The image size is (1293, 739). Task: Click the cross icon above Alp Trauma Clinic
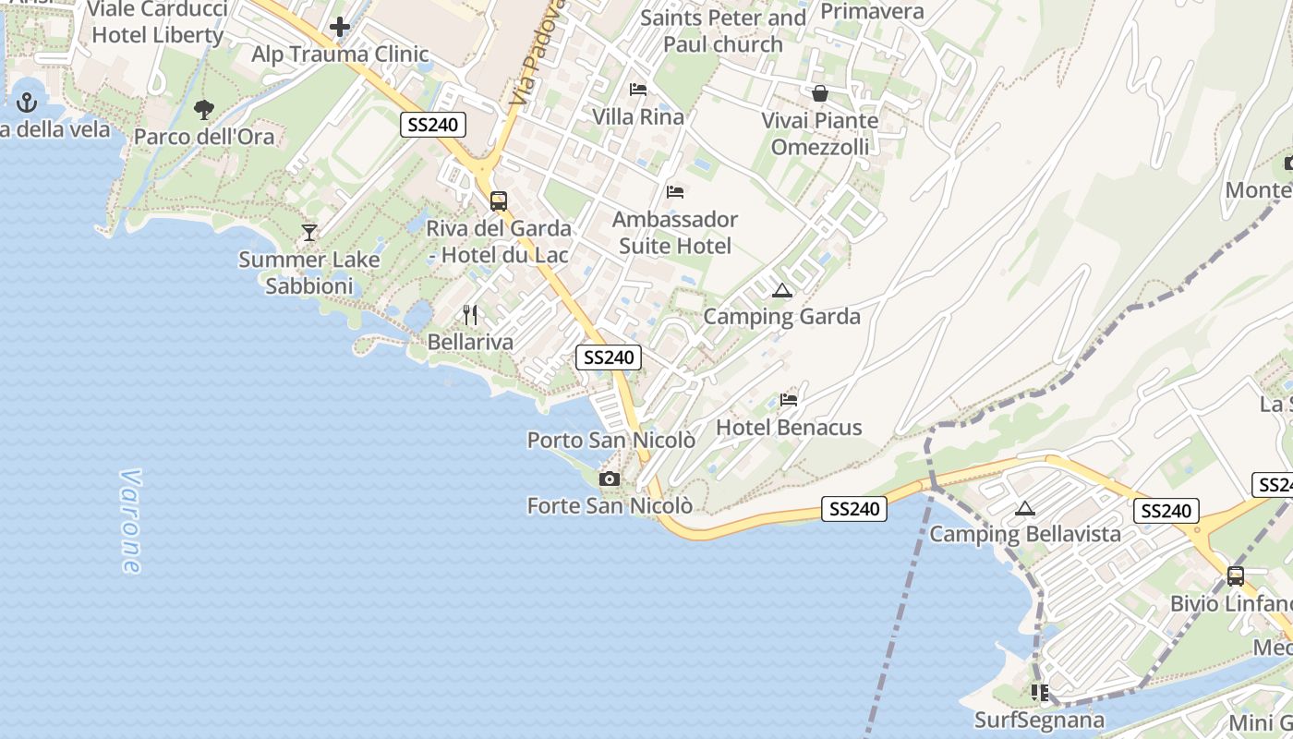point(340,27)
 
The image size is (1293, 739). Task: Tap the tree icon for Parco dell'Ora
point(204,110)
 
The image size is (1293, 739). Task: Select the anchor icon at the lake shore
point(27,103)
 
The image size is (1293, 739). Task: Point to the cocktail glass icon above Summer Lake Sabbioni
point(309,233)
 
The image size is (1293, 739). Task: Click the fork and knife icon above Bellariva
point(470,315)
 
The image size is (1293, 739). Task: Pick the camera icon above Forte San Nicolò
point(610,479)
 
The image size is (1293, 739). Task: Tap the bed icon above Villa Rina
point(638,90)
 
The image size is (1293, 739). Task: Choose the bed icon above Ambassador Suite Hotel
point(675,192)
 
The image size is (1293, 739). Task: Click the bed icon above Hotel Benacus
point(789,400)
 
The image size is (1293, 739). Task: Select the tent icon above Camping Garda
point(782,290)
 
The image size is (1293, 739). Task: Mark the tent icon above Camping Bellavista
point(1024,507)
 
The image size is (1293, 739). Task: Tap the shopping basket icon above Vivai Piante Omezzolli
point(820,93)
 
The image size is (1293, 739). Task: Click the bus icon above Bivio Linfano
point(1236,576)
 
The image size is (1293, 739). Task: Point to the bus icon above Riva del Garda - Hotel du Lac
point(499,200)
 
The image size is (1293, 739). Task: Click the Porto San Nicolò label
point(610,441)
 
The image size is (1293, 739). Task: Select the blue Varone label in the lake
point(130,522)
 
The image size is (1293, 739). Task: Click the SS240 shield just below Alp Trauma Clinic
point(433,125)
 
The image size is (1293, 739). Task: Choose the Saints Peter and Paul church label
point(723,30)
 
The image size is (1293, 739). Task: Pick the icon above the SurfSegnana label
point(1040,692)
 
